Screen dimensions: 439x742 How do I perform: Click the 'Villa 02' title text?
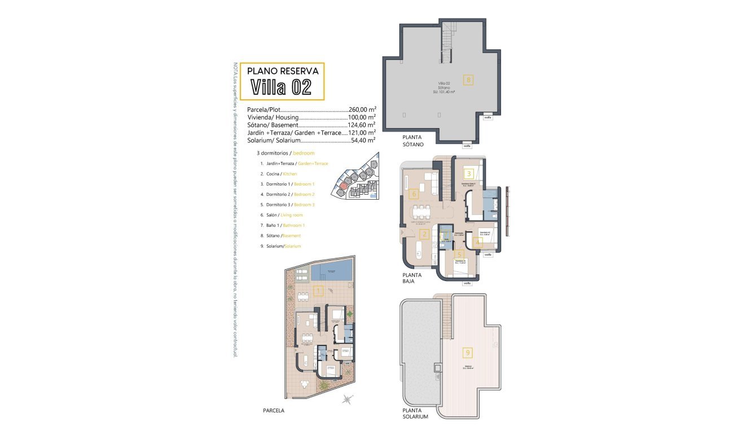coord(280,87)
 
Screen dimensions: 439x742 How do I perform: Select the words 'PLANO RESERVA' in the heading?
coord(283,71)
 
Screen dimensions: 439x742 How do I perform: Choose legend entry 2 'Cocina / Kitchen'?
coord(279,174)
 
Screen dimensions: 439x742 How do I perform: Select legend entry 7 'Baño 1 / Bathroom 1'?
coord(282,225)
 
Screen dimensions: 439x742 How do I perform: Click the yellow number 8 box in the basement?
coord(468,80)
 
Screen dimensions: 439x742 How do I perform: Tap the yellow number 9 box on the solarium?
coord(467,353)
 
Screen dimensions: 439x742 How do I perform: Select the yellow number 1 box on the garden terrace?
coord(318,291)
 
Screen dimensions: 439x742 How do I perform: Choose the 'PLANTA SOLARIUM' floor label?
coord(415,414)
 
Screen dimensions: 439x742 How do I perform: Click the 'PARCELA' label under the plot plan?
coord(274,411)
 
